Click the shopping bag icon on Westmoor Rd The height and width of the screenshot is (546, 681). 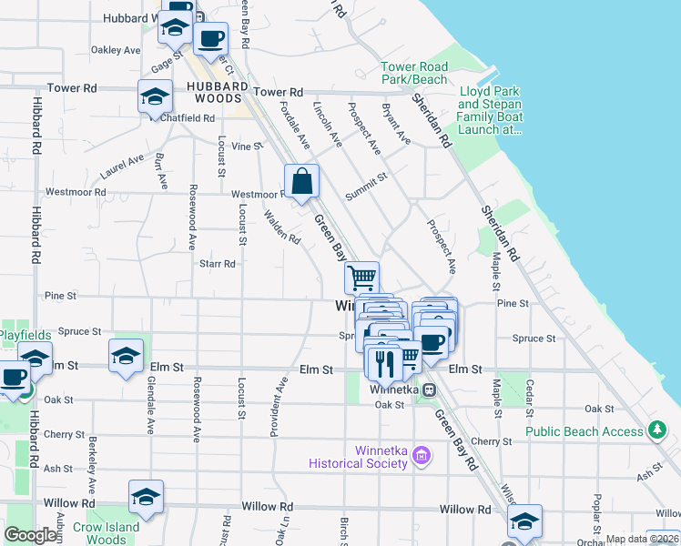[x=302, y=180]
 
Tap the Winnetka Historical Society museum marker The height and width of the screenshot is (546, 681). [x=421, y=453]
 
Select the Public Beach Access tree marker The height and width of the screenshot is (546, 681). [x=658, y=430]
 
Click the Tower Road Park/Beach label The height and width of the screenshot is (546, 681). [x=414, y=73]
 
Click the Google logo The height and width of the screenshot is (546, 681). [x=30, y=535]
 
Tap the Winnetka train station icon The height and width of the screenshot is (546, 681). [x=429, y=389]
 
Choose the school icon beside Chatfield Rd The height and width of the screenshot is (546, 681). [x=156, y=96]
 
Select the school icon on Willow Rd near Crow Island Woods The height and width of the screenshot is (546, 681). [x=146, y=496]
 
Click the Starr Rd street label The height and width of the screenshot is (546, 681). [x=217, y=264]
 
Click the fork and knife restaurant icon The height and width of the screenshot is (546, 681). [x=383, y=361]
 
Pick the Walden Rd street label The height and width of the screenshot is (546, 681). [x=281, y=227]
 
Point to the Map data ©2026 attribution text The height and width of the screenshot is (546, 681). [x=641, y=539]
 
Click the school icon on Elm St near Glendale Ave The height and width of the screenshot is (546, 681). [x=126, y=355]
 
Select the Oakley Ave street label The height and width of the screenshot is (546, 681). [x=117, y=50]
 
